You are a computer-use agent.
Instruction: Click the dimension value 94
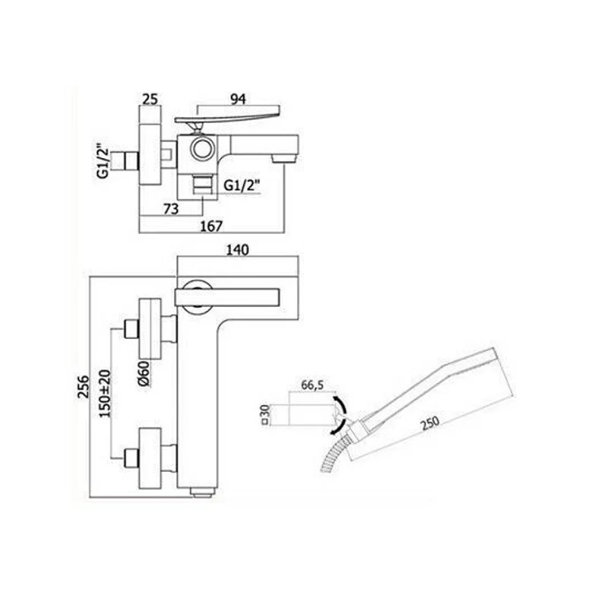pos(238,100)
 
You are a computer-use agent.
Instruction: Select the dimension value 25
pos(150,100)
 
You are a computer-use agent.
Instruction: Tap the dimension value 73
pos(170,209)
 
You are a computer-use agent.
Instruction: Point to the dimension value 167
pos(211,226)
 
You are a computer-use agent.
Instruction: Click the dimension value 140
pos(237,250)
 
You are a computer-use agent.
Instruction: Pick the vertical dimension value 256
pos(84,386)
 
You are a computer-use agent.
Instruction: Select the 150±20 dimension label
pos(105,393)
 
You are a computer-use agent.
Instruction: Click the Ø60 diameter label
pos(143,373)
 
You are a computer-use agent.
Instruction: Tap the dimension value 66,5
pos(312,385)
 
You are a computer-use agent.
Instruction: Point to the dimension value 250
pos(430,422)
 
